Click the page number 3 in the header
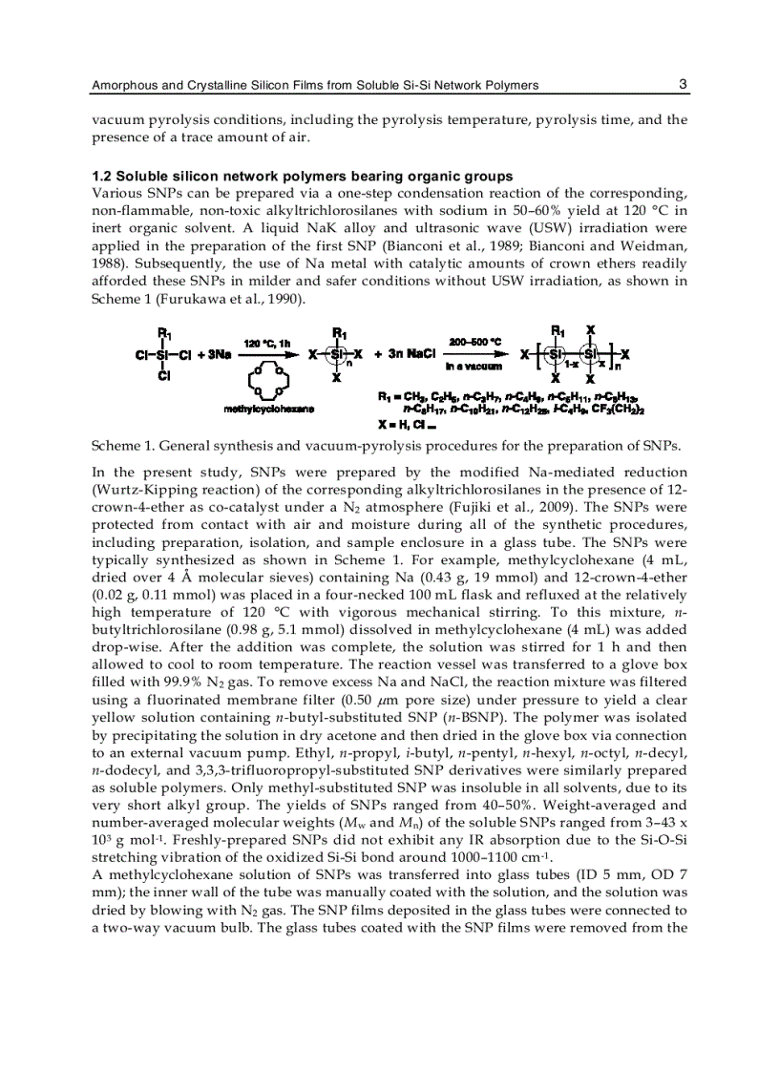(683, 84)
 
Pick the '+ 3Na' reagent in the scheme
(214, 354)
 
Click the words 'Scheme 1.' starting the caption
(121, 446)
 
